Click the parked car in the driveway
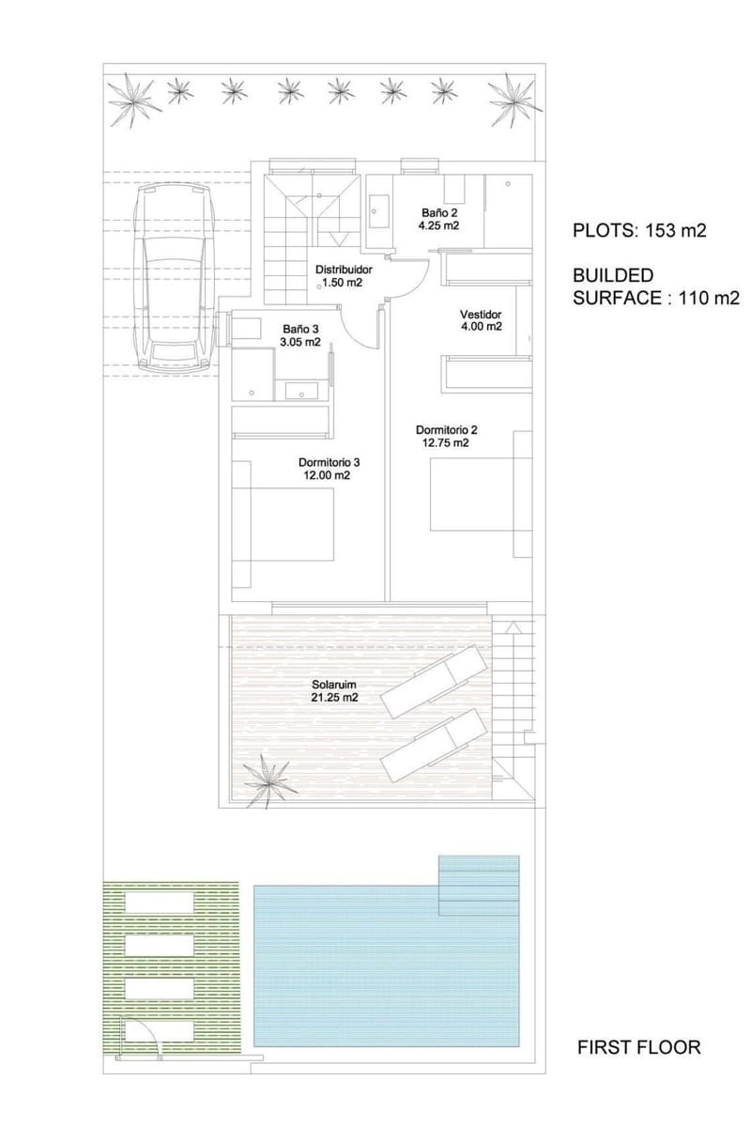pyautogui.click(x=174, y=278)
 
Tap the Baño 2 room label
pyautogui.click(x=438, y=220)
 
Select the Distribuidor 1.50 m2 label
pyautogui.click(x=344, y=276)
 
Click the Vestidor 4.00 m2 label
pyautogui.click(x=481, y=320)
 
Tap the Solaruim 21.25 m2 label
pyautogui.click(x=334, y=691)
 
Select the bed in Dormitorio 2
pyautogui.click(x=481, y=494)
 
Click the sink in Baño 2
pyautogui.click(x=378, y=211)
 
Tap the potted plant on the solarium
pyautogui.click(x=268, y=780)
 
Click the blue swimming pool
pyautogui.click(x=387, y=963)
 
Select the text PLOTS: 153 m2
pyautogui.click(x=639, y=230)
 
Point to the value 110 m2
pyautogui.click(x=710, y=298)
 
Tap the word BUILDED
pyautogui.click(x=613, y=275)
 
